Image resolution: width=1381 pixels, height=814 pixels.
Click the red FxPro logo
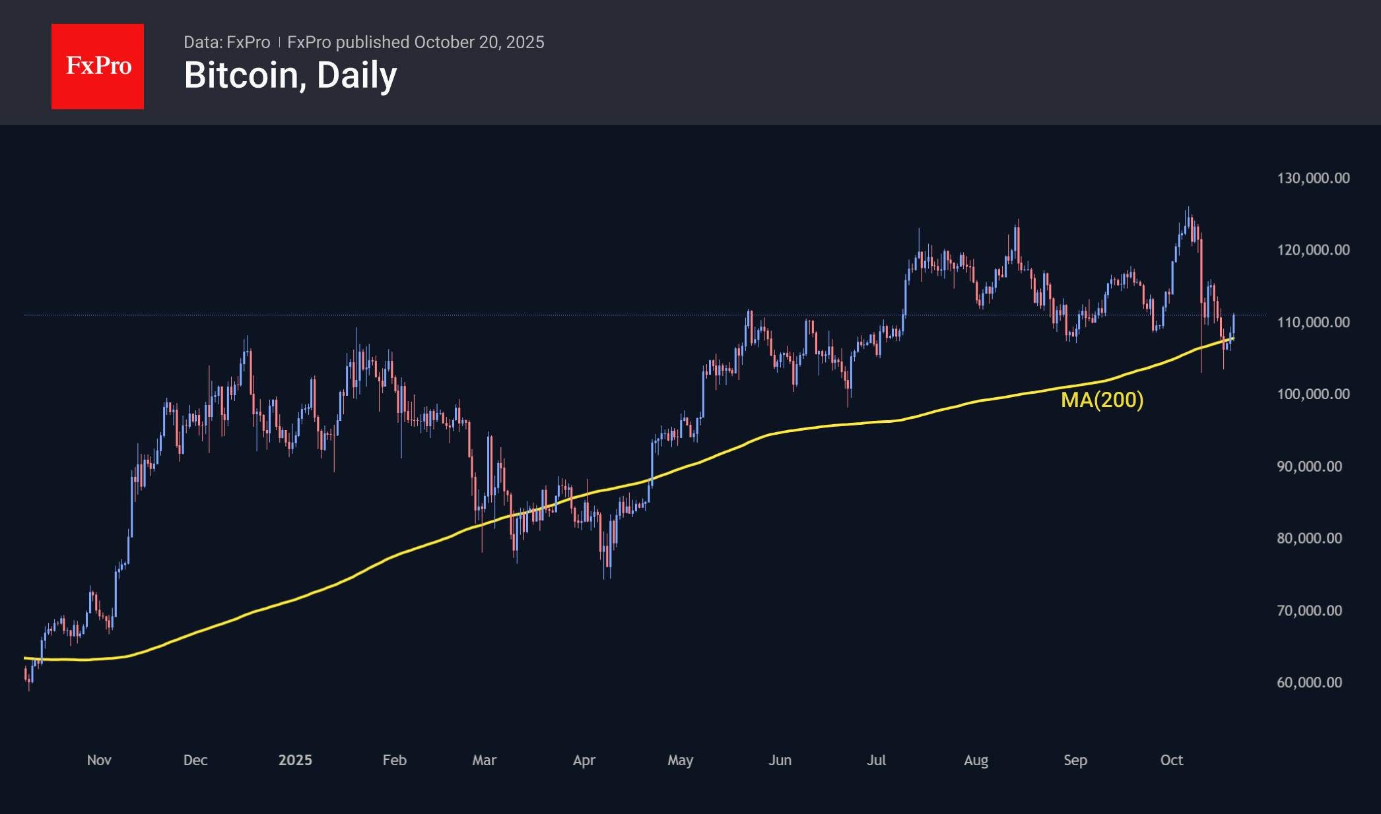pyautogui.click(x=98, y=66)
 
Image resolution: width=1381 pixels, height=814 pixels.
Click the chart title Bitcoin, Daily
pyautogui.click(x=290, y=75)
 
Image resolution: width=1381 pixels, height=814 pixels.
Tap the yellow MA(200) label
pyautogui.click(x=1102, y=400)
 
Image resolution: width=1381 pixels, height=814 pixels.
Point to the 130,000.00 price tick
pyautogui.click(x=1313, y=178)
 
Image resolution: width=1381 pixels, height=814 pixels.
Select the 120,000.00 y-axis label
pyautogui.click(x=1313, y=250)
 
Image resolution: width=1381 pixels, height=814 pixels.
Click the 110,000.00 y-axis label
pyautogui.click(x=1313, y=323)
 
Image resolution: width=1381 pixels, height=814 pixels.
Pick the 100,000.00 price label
pyautogui.click(x=1313, y=394)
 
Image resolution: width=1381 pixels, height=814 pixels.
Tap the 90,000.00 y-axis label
pyautogui.click(x=1309, y=466)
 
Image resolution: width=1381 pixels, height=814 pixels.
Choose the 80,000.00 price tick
pyautogui.click(x=1309, y=538)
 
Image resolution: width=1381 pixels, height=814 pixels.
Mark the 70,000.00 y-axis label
pyautogui.click(x=1309, y=611)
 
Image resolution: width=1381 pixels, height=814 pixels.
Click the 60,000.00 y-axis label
pyautogui.click(x=1309, y=683)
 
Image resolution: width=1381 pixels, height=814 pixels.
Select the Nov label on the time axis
pyautogui.click(x=99, y=760)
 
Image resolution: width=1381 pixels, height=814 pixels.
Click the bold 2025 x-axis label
pyautogui.click(x=295, y=760)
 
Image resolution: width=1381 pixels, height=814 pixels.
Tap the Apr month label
pyautogui.click(x=584, y=760)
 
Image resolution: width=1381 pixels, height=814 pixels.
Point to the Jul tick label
pyautogui.click(x=877, y=760)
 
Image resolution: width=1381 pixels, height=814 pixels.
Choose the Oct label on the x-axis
pyautogui.click(x=1172, y=760)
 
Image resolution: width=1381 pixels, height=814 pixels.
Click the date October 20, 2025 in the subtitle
pyautogui.click(x=479, y=42)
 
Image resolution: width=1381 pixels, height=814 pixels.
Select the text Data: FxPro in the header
pyautogui.click(x=226, y=42)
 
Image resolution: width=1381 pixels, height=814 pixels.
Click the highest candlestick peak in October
pyautogui.click(x=1188, y=209)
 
